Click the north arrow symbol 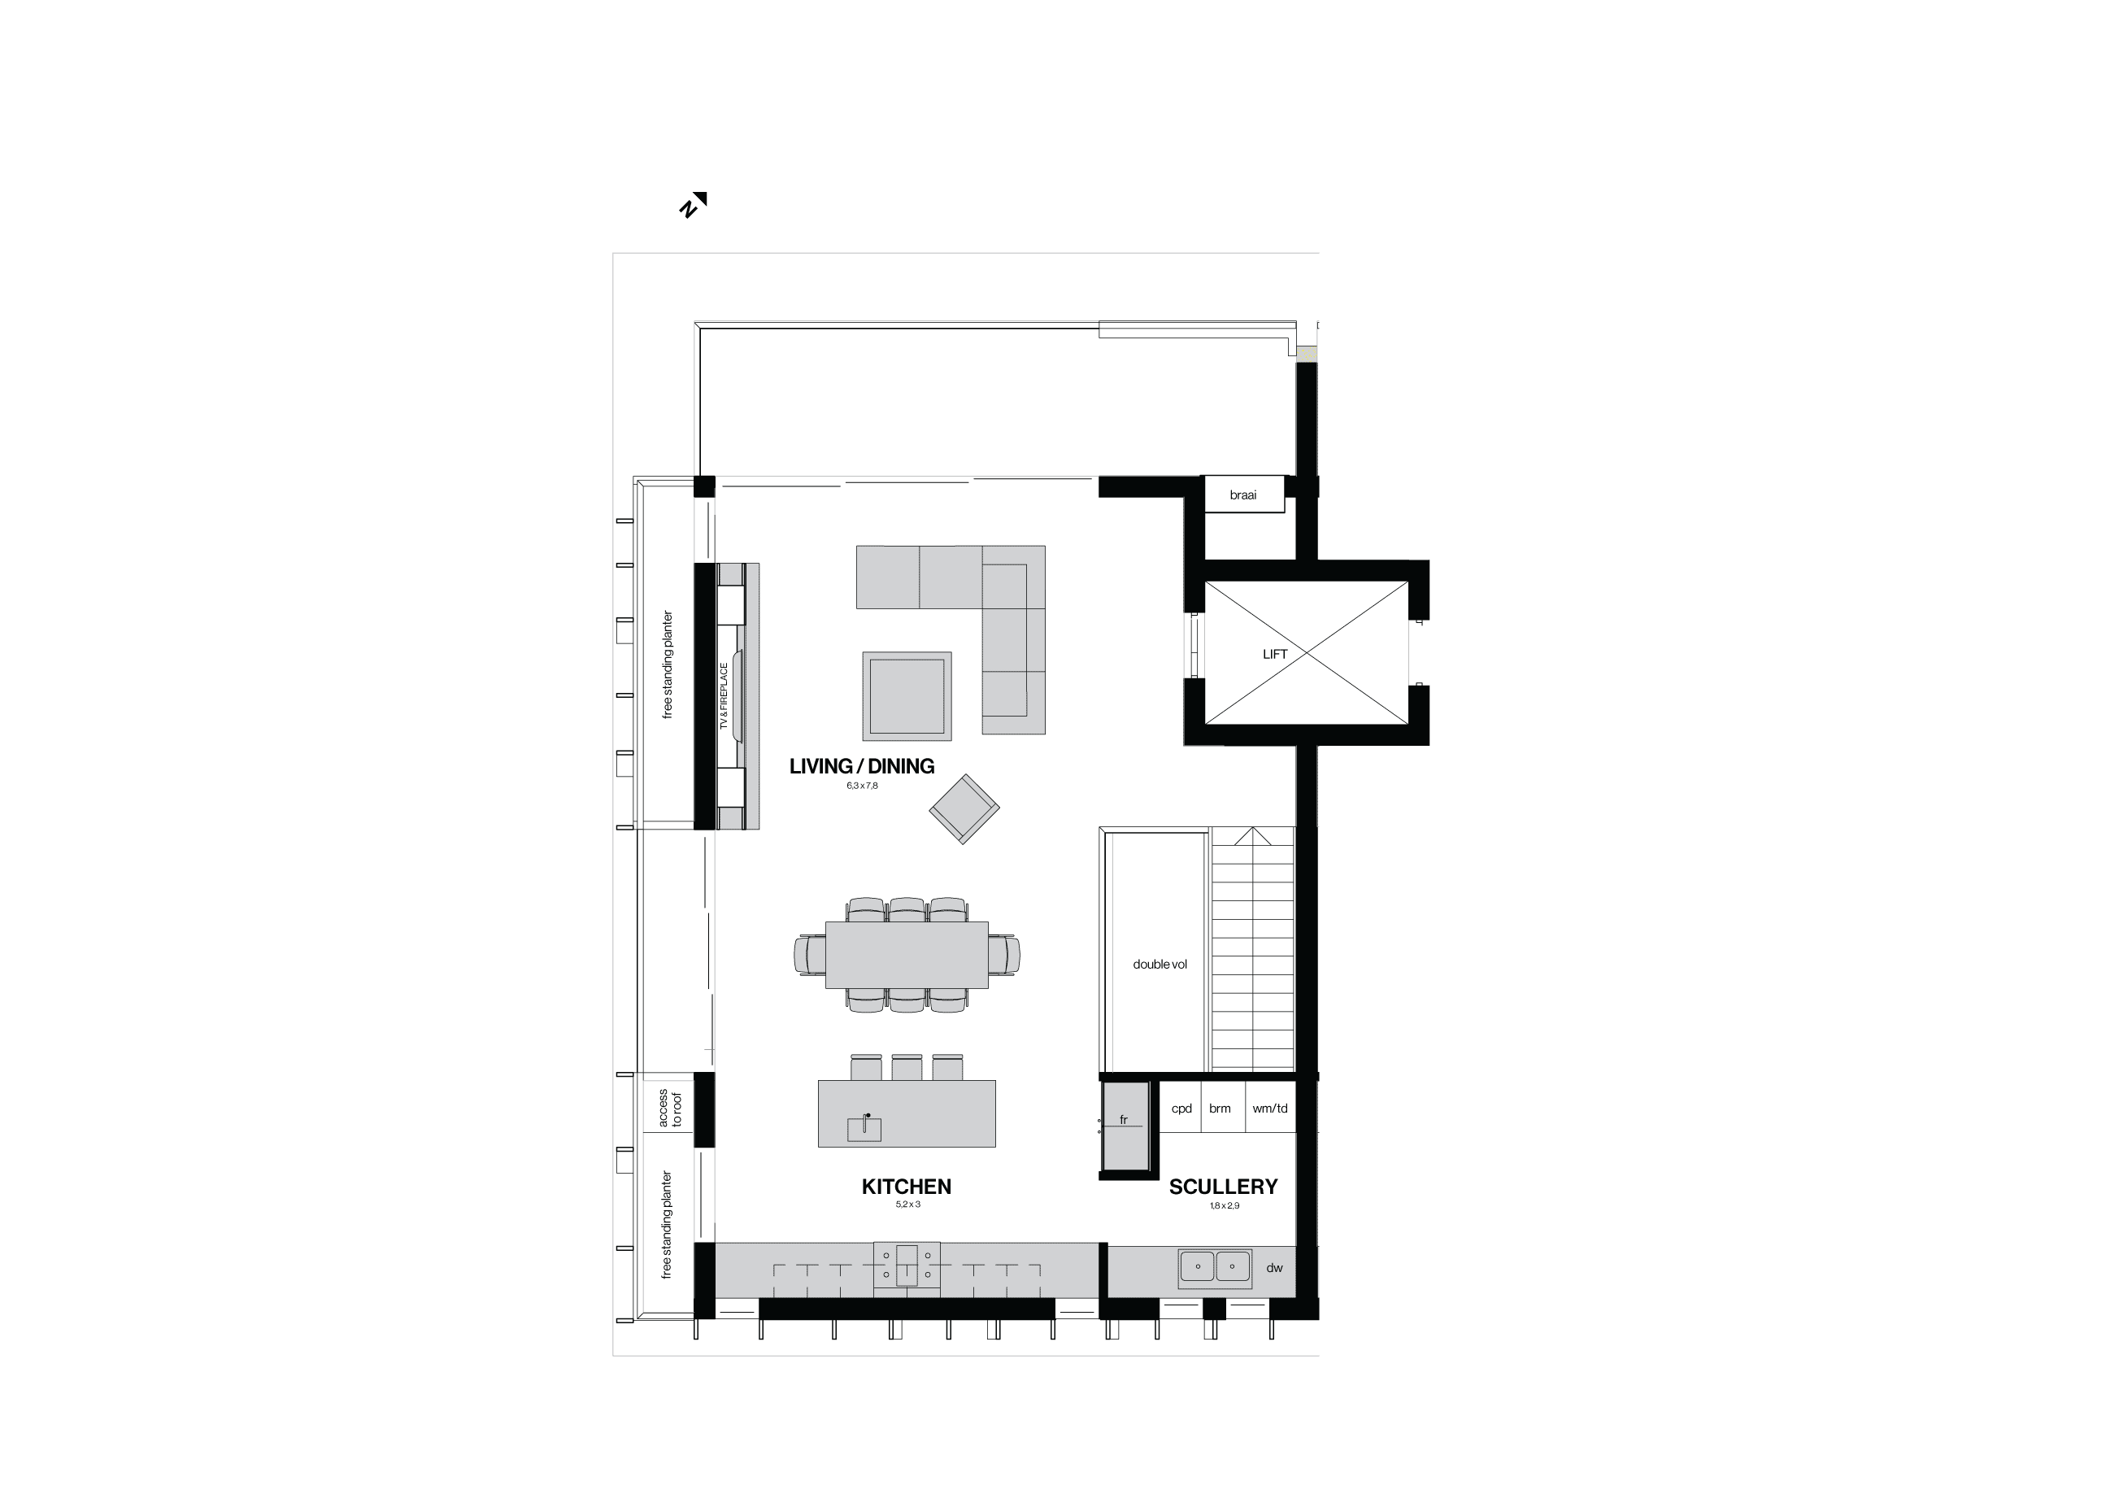tap(693, 204)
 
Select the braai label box tap(1242, 495)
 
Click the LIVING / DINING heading tap(861, 766)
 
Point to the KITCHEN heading tap(906, 1187)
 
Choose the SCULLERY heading tap(1222, 1187)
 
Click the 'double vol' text tap(1160, 965)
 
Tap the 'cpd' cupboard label tap(1181, 1109)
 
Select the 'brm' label tap(1220, 1109)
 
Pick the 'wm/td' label tap(1269, 1109)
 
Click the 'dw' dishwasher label tap(1274, 1268)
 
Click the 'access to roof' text tap(670, 1108)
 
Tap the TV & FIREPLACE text tap(724, 696)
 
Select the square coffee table tap(907, 696)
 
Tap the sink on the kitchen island tap(865, 1128)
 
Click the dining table tap(907, 954)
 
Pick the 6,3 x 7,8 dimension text tap(861, 786)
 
